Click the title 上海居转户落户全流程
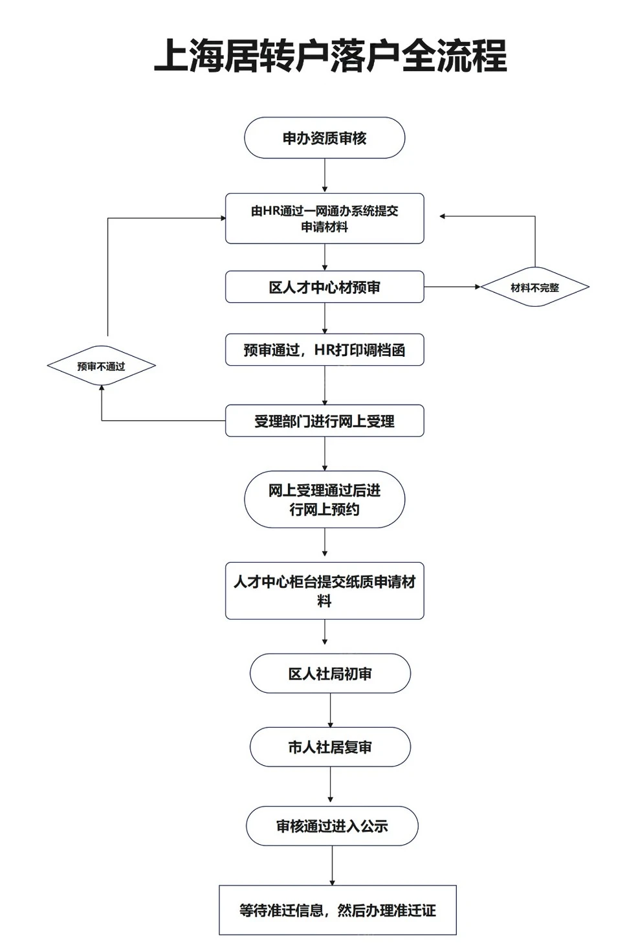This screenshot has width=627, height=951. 331,55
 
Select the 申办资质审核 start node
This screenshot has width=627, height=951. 325,138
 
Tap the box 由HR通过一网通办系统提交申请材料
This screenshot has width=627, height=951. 325,219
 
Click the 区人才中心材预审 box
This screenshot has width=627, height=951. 325,287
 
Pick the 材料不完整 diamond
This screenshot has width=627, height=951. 535,287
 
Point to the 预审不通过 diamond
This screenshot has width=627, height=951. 102,366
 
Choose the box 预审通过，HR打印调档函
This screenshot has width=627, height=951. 325,350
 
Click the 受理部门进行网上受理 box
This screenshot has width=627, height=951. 325,421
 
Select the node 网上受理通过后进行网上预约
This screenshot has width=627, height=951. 325,499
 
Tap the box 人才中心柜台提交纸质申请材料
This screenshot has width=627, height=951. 325,591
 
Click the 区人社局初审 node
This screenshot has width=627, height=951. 330,673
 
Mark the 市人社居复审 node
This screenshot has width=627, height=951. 330,747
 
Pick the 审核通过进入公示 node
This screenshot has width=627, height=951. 332,826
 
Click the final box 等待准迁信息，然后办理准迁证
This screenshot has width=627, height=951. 338,910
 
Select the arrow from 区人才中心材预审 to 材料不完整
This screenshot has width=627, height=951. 452,287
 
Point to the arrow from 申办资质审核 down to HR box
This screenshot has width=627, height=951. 325,176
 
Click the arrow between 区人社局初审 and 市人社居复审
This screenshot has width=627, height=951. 330,710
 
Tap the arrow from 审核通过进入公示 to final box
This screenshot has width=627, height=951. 332,866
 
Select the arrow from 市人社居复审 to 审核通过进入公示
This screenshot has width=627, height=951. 330,787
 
